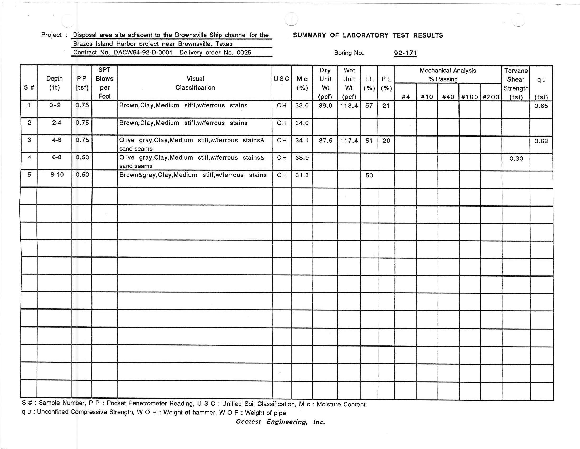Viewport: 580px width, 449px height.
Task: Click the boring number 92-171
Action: [x=405, y=53]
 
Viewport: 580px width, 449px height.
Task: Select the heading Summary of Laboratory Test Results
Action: [x=368, y=35]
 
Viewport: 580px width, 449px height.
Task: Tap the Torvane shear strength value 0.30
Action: [x=516, y=158]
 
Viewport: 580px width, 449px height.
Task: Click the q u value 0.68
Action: [x=541, y=141]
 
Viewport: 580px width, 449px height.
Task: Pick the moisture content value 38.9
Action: [x=302, y=158]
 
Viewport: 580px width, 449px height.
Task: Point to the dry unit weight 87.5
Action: [x=325, y=141]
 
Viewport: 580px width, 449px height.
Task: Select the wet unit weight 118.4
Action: [x=349, y=106]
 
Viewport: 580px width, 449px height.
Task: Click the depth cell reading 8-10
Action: [x=57, y=175]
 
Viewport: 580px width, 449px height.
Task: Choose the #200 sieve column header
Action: [x=491, y=97]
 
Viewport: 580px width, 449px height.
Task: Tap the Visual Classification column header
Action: [x=195, y=83]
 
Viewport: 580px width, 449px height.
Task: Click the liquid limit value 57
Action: [x=369, y=106]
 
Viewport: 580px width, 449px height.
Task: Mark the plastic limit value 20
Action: [x=386, y=141]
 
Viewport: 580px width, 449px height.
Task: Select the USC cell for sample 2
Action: [x=282, y=123]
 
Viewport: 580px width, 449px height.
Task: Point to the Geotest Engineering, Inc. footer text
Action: [x=281, y=422]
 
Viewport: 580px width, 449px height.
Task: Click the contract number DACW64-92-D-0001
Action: [x=143, y=52]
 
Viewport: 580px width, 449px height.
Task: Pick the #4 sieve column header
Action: [x=405, y=97]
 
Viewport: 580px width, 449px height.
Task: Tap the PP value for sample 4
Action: [x=82, y=157]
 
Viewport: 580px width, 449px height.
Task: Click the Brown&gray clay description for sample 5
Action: [x=193, y=175]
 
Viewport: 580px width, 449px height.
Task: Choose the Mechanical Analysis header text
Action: [x=448, y=71]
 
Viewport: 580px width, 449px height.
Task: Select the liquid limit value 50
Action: [x=369, y=176]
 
